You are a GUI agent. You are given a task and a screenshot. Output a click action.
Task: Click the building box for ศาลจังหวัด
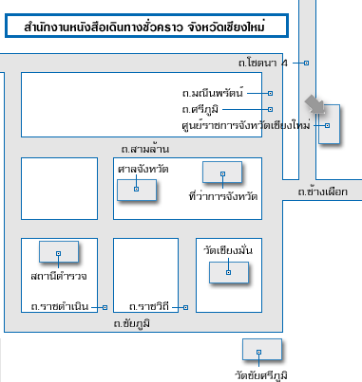pos(136,188)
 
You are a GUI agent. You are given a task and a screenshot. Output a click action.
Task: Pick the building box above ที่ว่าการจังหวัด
pos(223,172)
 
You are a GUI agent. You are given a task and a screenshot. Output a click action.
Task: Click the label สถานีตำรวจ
pos(58,276)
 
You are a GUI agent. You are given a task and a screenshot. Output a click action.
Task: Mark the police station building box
pos(58,252)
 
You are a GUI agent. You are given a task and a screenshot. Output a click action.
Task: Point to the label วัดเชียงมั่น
pos(228,249)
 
